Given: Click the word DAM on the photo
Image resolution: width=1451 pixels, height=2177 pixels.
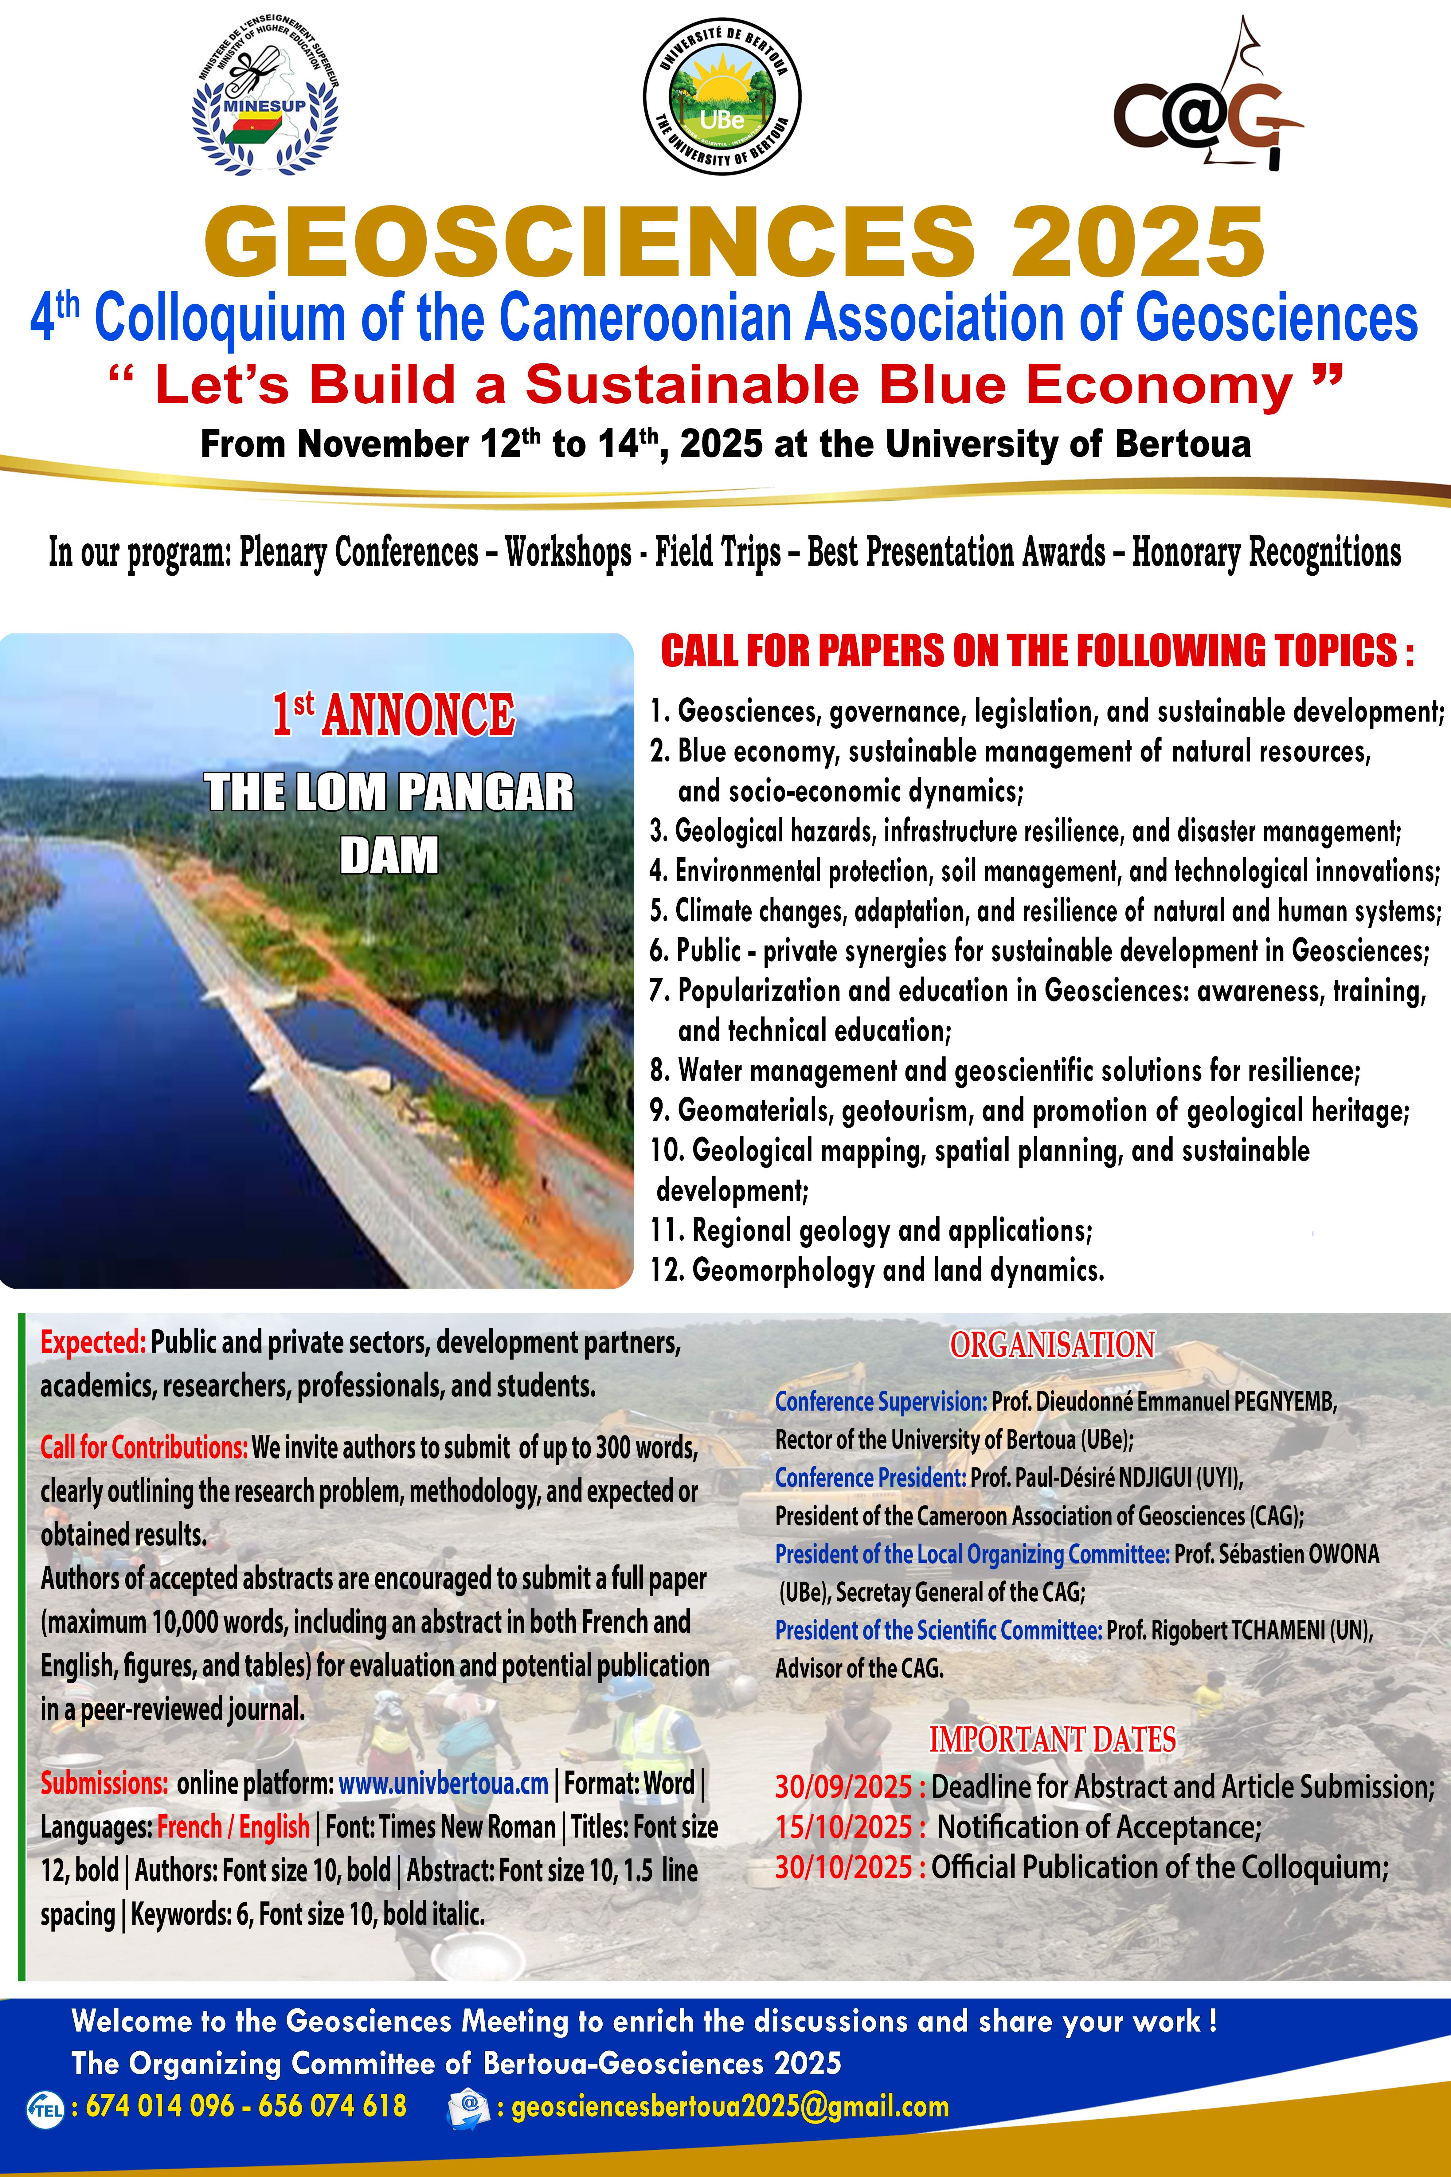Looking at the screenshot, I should pyautogui.click(x=389, y=855).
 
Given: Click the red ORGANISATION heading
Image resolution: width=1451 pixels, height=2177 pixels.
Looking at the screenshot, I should pyautogui.click(x=1052, y=1345).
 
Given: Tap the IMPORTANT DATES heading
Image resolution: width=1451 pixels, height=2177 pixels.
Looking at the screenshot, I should pyautogui.click(x=1052, y=1739).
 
